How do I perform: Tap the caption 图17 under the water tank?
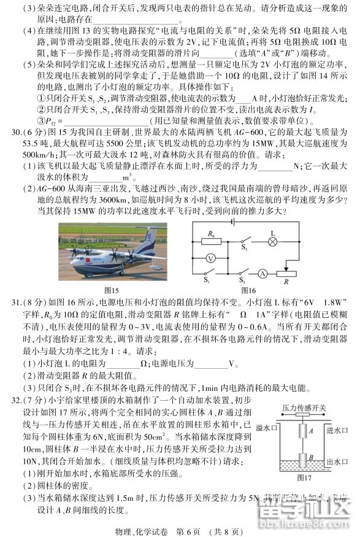tap(303, 477)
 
